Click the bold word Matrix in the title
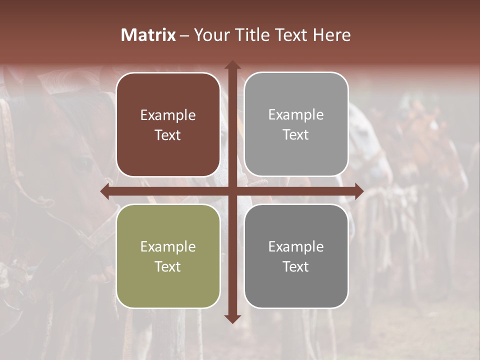click(148, 35)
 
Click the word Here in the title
click(332, 35)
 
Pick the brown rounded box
click(168, 124)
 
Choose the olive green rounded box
click(168, 256)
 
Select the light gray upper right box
click(296, 124)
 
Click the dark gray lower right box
click(296, 256)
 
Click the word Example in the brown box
click(168, 115)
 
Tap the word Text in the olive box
click(168, 266)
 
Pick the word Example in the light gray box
click(296, 114)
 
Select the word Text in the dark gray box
click(296, 266)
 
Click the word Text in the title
click(292, 35)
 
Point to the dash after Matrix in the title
click(184, 35)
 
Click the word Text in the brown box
click(168, 135)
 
